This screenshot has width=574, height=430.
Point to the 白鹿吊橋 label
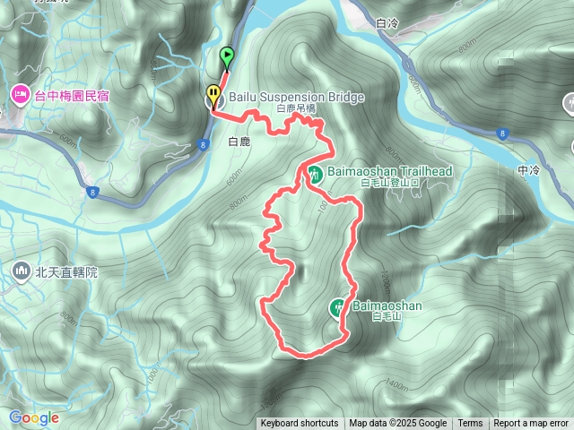tap(297, 108)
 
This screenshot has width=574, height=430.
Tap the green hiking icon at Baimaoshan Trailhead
tap(315, 174)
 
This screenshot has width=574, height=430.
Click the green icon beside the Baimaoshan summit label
tap(338, 307)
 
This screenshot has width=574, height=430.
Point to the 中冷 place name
tap(529, 169)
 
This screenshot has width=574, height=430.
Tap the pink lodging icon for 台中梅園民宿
tap(20, 93)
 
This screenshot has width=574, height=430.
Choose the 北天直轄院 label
tap(65, 271)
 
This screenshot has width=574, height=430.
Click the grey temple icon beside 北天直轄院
tap(21, 271)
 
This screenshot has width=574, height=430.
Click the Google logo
tap(34, 417)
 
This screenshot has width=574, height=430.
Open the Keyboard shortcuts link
tap(300, 424)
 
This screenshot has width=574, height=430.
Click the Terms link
tap(470, 424)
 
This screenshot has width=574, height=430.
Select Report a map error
tap(532, 424)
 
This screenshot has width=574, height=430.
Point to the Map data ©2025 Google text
tap(398, 424)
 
